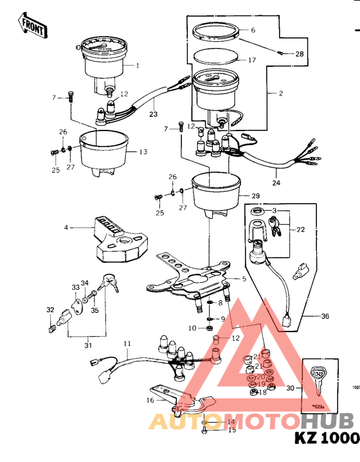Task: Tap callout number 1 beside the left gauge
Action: (x=136, y=66)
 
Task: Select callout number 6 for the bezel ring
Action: (x=253, y=30)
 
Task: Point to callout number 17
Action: (x=252, y=60)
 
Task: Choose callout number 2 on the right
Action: (x=280, y=93)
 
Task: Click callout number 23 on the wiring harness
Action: (x=153, y=115)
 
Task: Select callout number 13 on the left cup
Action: (x=143, y=152)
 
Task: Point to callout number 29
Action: (x=255, y=195)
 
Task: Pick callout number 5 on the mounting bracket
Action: (x=243, y=280)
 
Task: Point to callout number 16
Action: (x=150, y=400)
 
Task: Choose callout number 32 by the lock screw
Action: (x=50, y=310)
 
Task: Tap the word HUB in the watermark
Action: (x=327, y=421)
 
